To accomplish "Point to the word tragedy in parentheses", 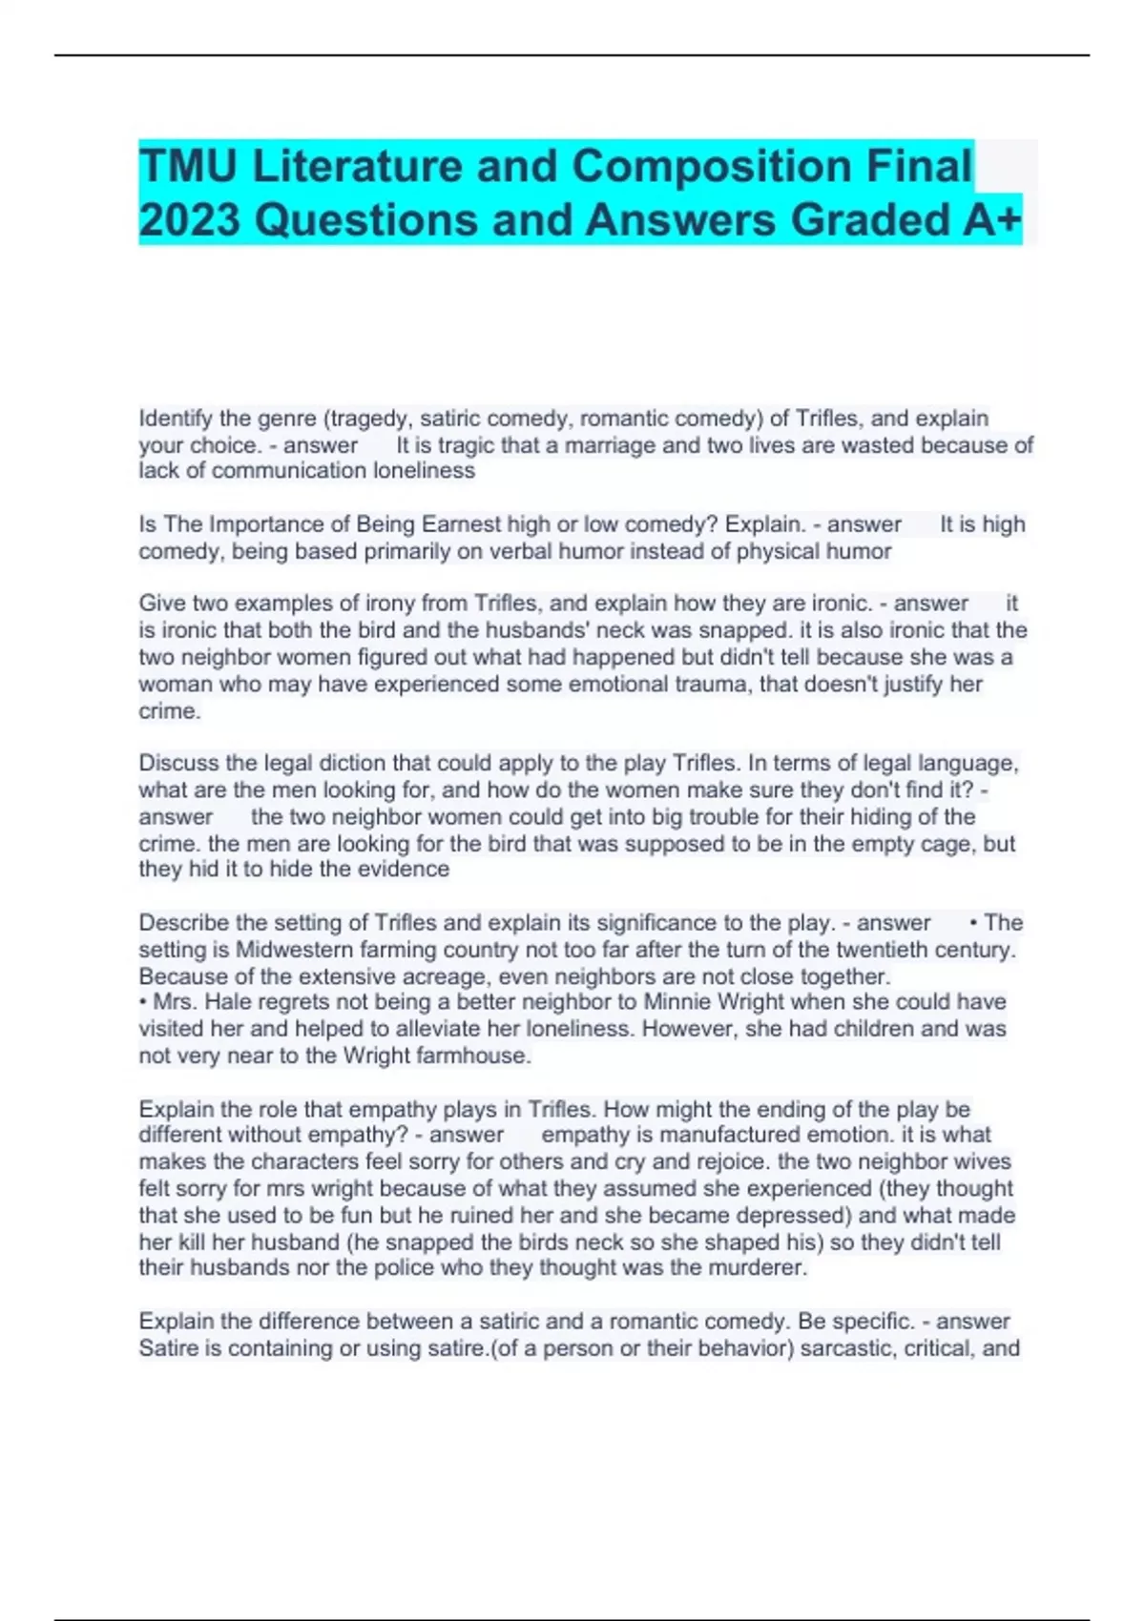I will tap(371, 419).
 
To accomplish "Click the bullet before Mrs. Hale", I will tap(143, 1002).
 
